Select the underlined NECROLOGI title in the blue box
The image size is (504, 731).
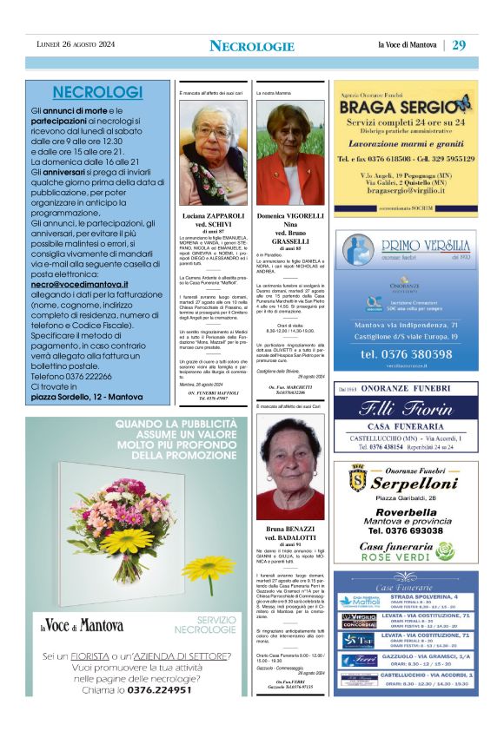(x=85, y=93)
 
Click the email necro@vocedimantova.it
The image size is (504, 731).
(x=80, y=284)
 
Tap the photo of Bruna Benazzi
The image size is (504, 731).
(x=290, y=468)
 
